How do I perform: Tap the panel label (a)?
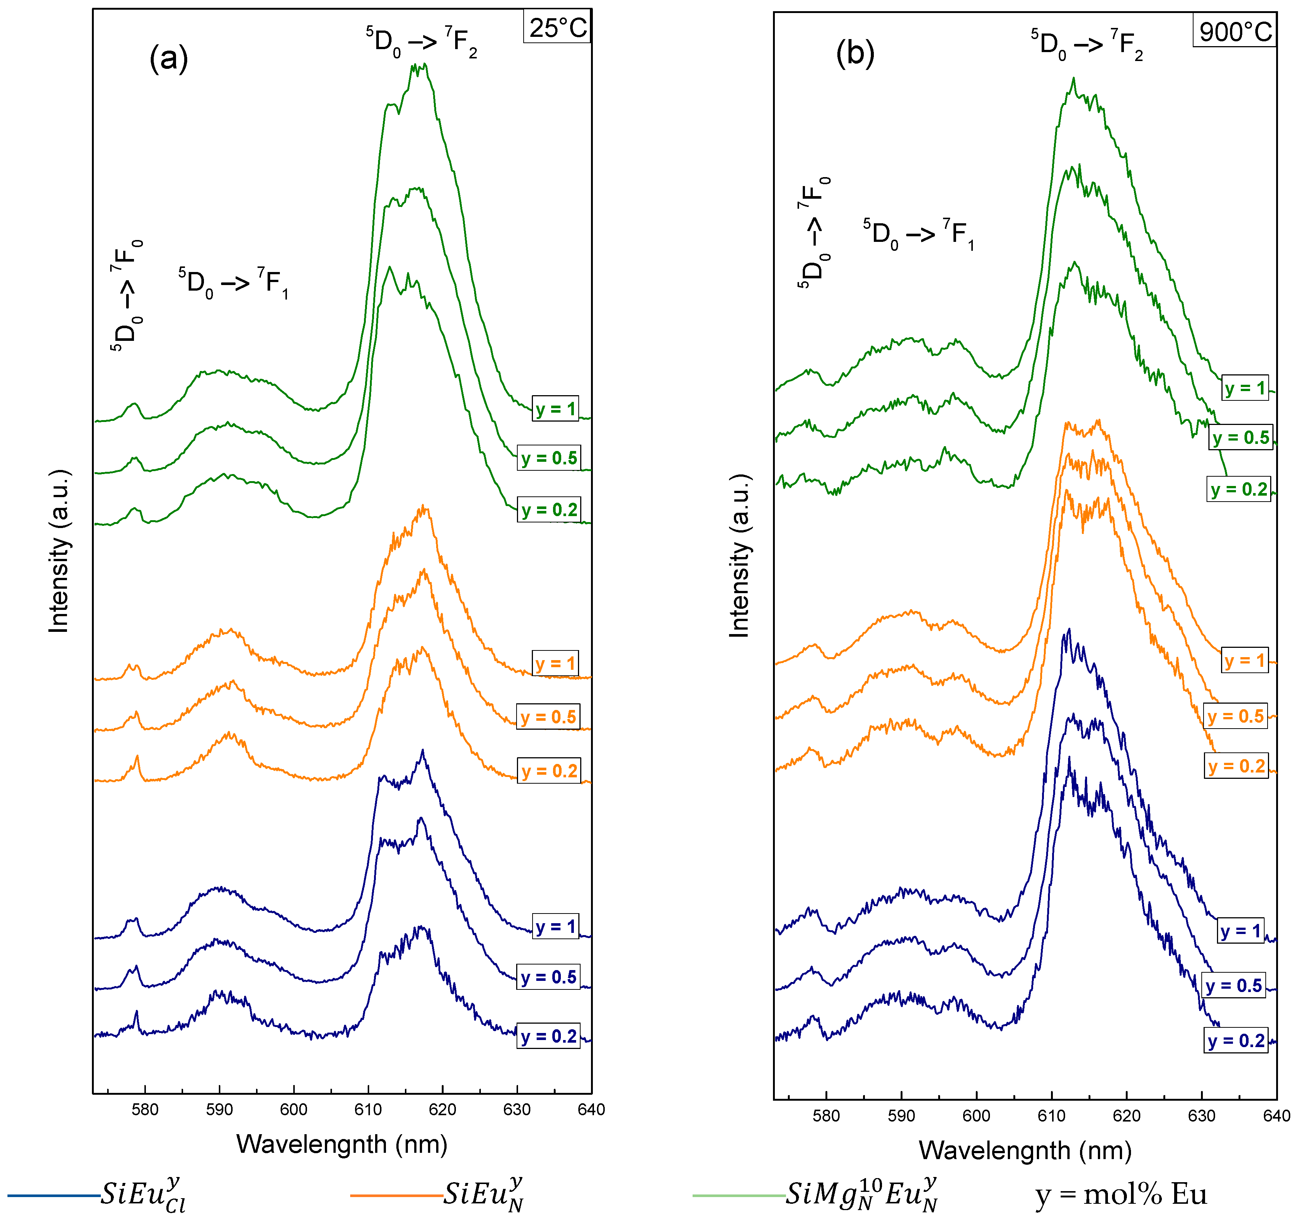169,59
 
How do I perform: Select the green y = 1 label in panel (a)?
555,409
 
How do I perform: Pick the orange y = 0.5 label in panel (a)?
548,717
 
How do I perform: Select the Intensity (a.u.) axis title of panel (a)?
59,550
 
